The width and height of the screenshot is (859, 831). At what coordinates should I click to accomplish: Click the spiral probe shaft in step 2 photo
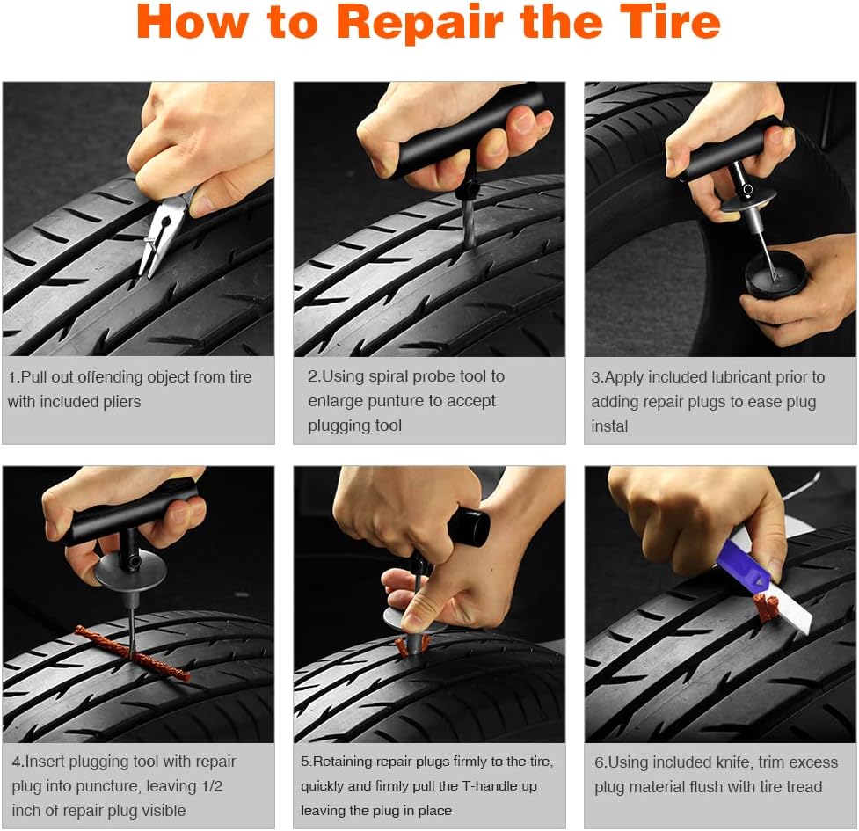coord(467,225)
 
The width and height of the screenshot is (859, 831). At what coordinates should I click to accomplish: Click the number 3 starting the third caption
coord(595,377)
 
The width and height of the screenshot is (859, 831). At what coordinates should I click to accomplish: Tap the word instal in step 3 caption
coord(609,426)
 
